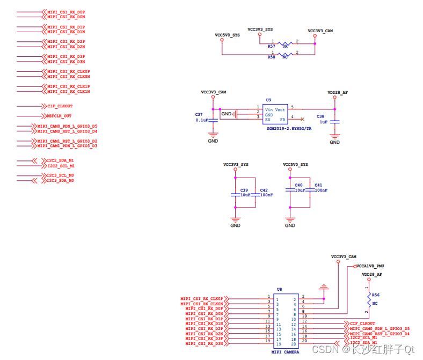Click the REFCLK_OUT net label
59,116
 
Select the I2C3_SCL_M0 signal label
60,175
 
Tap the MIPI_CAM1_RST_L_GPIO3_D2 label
67,141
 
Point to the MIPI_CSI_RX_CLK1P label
68,86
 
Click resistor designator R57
271,47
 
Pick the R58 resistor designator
271,57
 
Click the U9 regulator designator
268,100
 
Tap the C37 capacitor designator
199,115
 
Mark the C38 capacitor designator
320,116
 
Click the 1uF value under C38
323,122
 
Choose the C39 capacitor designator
244,190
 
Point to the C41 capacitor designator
318,185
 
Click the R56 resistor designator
376,295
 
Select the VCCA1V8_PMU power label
371,266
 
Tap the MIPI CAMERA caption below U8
285,352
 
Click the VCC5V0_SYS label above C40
295,164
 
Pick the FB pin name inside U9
282,120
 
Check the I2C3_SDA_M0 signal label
60,181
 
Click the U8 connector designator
279,289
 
